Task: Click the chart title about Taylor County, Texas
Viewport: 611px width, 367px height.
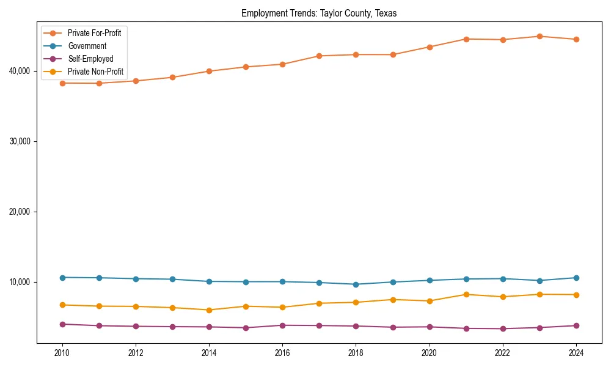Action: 319,13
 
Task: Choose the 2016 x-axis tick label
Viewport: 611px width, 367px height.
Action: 282,352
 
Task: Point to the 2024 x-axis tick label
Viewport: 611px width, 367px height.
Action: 576,352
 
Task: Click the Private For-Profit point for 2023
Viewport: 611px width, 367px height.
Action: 540,36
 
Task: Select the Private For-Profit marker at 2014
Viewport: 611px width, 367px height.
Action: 209,71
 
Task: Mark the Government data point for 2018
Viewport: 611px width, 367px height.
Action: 356,284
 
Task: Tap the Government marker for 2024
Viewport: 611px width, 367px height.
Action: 576,278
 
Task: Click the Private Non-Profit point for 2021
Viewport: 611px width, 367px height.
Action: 466,294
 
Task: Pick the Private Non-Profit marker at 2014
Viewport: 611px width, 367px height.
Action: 209,310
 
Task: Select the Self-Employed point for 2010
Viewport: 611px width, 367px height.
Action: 62,324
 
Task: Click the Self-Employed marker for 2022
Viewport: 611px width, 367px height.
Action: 503,328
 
